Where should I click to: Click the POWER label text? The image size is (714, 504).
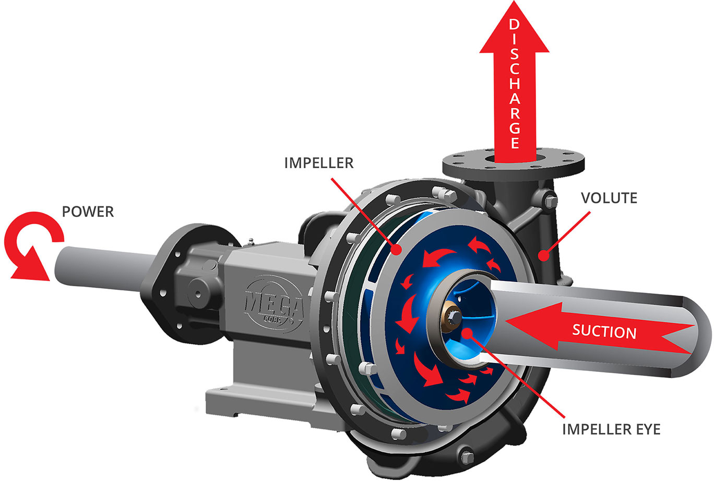(88, 212)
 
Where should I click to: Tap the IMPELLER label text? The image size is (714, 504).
(318, 163)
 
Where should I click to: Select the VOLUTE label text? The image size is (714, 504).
(609, 198)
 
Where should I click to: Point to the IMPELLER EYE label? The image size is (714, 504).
(611, 429)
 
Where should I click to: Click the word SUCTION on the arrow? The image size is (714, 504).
(604, 332)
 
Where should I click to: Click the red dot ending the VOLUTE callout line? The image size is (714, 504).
(544, 256)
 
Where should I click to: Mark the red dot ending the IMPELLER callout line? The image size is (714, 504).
(398, 250)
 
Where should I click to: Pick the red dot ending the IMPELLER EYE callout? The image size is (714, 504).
(467, 333)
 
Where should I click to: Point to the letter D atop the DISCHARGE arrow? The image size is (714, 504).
(514, 25)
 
